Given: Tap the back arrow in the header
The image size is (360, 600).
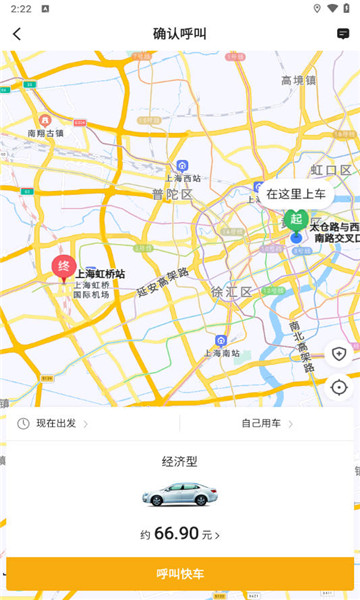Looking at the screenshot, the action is [17, 34].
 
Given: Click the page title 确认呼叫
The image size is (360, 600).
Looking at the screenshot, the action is [180, 34].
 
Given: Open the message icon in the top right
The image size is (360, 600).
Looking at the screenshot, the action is [343, 34].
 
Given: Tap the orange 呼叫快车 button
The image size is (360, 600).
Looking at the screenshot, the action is [180, 573].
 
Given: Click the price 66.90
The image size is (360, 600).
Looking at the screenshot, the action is [176, 535].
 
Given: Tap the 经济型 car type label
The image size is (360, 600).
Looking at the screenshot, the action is [180, 462].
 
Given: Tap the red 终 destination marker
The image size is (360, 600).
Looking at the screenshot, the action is [63, 267].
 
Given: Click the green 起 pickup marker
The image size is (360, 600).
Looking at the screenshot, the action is [294, 219].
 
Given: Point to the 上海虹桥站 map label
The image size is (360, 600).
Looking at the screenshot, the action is [100, 273].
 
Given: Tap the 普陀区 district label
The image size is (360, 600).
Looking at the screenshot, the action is [172, 194].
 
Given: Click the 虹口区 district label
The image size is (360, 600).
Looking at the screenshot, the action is [330, 170].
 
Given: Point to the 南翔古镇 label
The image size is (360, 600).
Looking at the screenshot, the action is [46, 132].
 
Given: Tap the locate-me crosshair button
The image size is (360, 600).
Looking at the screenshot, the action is [339, 387].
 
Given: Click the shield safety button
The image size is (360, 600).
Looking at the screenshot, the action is [339, 354].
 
